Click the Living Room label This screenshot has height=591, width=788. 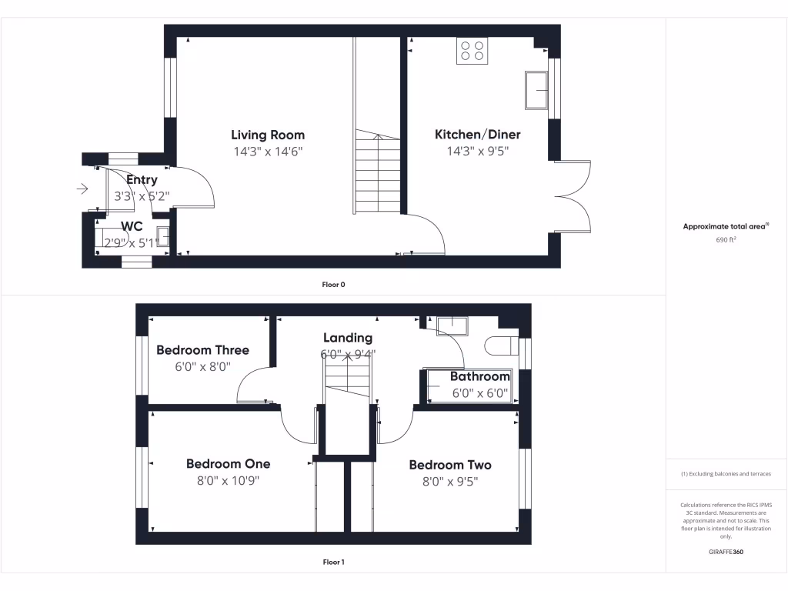point(268,135)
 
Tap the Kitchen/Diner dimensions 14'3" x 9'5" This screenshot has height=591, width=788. point(477,152)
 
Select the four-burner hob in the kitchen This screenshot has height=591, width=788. point(472,51)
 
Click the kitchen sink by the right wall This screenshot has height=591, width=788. point(536,91)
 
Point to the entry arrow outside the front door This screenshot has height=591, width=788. point(82,189)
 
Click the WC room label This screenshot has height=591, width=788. point(132,226)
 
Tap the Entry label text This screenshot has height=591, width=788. point(142,180)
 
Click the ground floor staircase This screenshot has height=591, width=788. point(377,174)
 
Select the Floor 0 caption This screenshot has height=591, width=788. point(333,285)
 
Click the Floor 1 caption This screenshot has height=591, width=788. point(333,563)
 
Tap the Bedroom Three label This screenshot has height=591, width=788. point(202,350)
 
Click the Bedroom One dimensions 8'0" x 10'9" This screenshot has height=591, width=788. point(228,481)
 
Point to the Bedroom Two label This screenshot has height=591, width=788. point(449,465)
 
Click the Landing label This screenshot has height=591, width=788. point(347,338)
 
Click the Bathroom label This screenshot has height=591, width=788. point(479,376)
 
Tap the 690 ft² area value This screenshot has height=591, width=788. point(726,240)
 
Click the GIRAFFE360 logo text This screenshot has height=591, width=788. point(726,552)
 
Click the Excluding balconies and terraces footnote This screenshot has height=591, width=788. point(726,474)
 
